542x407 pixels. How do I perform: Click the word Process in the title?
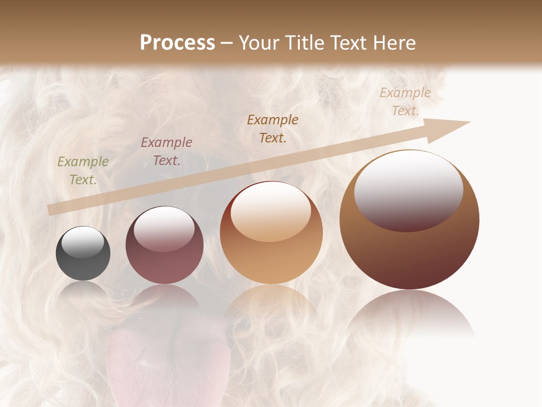[177, 42]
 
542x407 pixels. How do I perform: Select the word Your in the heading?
[260, 42]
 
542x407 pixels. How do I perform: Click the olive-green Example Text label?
[83, 171]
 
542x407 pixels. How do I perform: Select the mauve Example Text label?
[167, 151]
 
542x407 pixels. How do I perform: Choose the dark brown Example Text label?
[273, 128]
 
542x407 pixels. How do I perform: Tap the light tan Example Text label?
[405, 102]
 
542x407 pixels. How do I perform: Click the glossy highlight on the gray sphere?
[83, 242]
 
